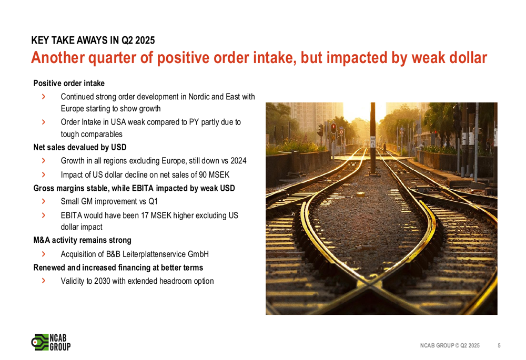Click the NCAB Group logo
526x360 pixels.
pyautogui.click(x=51, y=342)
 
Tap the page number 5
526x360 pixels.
pyautogui.click(x=499, y=346)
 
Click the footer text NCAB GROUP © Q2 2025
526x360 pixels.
pyautogui.click(x=450, y=346)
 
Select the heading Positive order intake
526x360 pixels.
pyautogui.click(x=69, y=83)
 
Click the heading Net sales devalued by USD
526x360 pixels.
pyautogui.click(x=80, y=147)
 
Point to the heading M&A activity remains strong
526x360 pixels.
pyautogui.click(x=82, y=240)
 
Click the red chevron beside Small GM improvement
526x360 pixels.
pyautogui.click(x=43, y=201)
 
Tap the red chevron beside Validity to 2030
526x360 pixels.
pyautogui.click(x=43, y=281)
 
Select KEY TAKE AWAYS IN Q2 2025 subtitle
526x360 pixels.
pyautogui.click(x=93, y=40)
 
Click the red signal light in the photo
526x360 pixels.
pyautogui.click(x=333, y=127)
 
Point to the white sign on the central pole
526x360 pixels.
pyautogui.click(x=373, y=141)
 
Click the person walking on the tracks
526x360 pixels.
pyautogui.click(x=385, y=148)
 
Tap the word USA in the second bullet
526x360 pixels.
pyautogui.click(x=118, y=122)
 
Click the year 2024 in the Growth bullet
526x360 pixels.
pyautogui.click(x=238, y=161)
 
